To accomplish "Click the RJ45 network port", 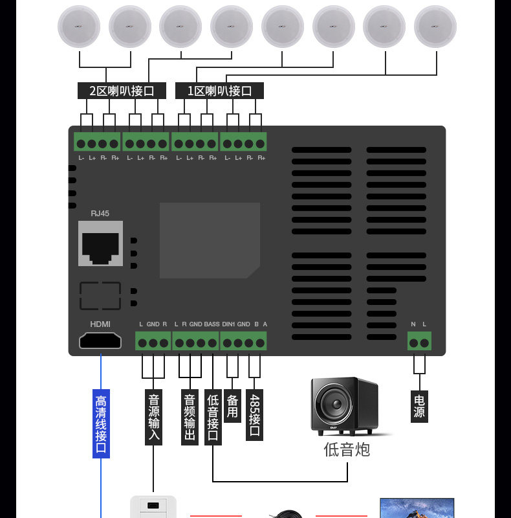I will tap(100, 243).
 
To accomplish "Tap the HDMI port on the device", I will tap(100, 341).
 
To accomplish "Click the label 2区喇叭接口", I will tap(122, 91).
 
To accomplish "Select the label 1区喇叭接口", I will tap(219, 91).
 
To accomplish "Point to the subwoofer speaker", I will tap(343, 406).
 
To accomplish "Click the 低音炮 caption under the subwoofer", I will tap(347, 449).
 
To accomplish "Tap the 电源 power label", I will tap(419, 406).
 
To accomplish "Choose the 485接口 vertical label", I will tap(255, 415).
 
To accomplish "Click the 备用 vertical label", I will tap(233, 406).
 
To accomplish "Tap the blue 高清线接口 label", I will tap(101, 423).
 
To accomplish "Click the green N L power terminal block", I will tap(419, 341).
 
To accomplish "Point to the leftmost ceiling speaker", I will tap(79, 27).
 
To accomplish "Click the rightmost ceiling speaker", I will tap(435, 27).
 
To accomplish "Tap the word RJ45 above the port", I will tap(100, 213).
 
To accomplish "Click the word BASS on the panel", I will tap(212, 324).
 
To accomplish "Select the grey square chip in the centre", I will tap(210, 240).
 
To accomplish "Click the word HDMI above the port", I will tap(100, 324).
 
